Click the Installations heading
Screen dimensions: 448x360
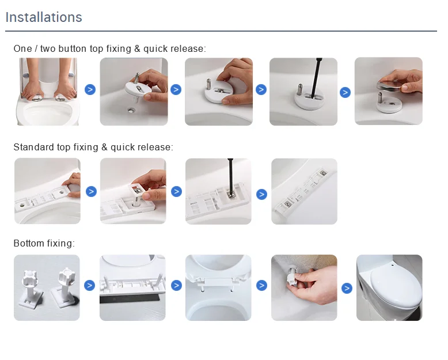click(44, 17)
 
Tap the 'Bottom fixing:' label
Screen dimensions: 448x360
click(44, 243)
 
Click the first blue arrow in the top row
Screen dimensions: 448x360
click(90, 90)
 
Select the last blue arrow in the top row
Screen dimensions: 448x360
click(345, 92)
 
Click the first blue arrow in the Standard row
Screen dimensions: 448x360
click(91, 191)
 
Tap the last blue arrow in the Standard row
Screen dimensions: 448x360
click(261, 194)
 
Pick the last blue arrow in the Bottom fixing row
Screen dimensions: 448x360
click(347, 288)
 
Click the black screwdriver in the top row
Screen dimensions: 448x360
click(315, 77)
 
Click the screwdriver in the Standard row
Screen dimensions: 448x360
click(230, 176)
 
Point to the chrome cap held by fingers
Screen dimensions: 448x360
click(389, 86)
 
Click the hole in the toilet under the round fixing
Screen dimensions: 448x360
click(131, 110)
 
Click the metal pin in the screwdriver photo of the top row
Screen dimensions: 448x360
click(299, 89)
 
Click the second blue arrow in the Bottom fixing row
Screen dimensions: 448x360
click(176, 286)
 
